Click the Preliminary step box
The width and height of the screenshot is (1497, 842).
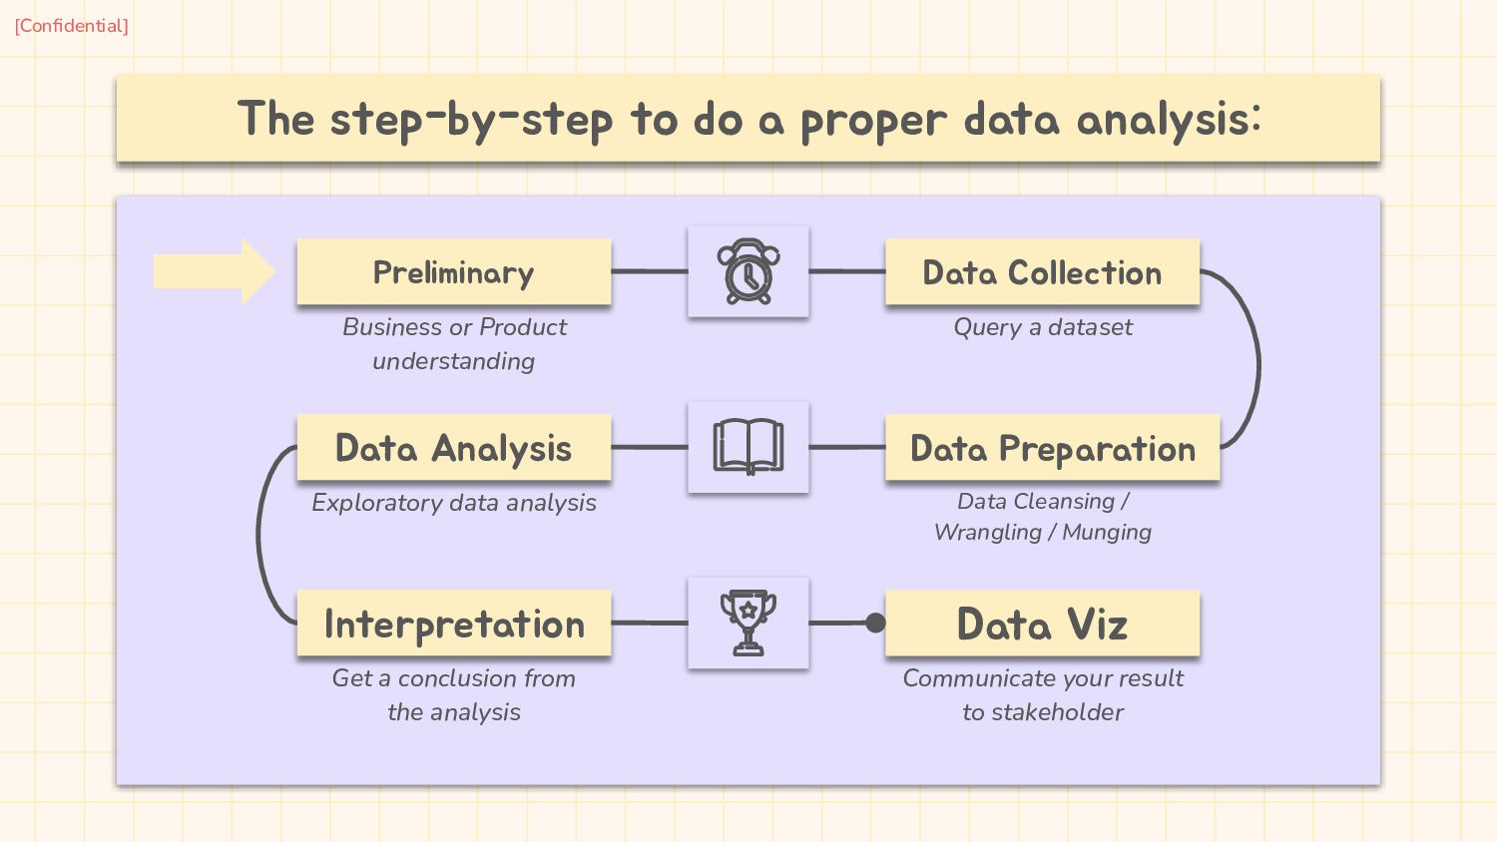tap(454, 271)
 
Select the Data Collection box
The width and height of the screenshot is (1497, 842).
tap(1042, 271)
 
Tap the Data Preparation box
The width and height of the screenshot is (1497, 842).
tap(1052, 448)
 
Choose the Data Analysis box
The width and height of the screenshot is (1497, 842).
tap(454, 448)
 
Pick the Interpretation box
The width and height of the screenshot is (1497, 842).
tap(454, 624)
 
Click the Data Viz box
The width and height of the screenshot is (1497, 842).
tap(1042, 624)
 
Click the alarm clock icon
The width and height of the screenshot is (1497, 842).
tap(748, 271)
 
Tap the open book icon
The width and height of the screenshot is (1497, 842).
tap(748, 447)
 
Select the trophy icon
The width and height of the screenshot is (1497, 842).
tap(748, 623)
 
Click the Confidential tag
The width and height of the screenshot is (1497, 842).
tap(71, 26)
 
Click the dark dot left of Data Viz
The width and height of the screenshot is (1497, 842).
tap(875, 624)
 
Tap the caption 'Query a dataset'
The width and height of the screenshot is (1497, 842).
tap(1043, 327)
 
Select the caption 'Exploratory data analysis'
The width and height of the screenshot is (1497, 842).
tap(454, 503)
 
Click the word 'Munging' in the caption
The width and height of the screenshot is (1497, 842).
tap(1107, 533)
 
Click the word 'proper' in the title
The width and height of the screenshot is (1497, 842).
tap(872, 120)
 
